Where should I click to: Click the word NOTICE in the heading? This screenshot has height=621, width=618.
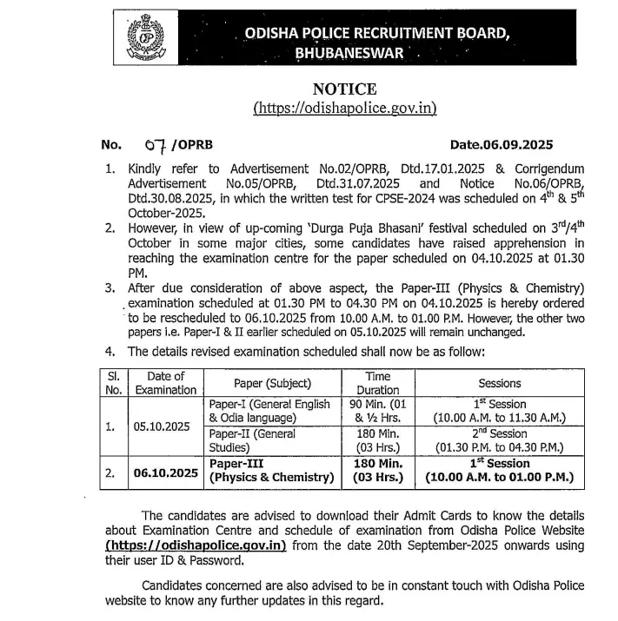click(x=344, y=89)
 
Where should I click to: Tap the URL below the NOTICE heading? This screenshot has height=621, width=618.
click(x=344, y=109)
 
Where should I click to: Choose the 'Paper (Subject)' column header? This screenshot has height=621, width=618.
click(x=272, y=383)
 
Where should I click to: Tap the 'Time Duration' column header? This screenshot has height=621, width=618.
click(x=377, y=383)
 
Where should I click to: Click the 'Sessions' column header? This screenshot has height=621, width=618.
click(x=500, y=383)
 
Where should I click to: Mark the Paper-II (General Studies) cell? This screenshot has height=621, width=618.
click(x=272, y=441)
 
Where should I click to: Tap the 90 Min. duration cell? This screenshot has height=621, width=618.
click(x=377, y=411)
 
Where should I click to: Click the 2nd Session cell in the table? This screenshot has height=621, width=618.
click(x=500, y=441)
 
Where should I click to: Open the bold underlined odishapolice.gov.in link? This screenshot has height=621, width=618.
click(x=196, y=545)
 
